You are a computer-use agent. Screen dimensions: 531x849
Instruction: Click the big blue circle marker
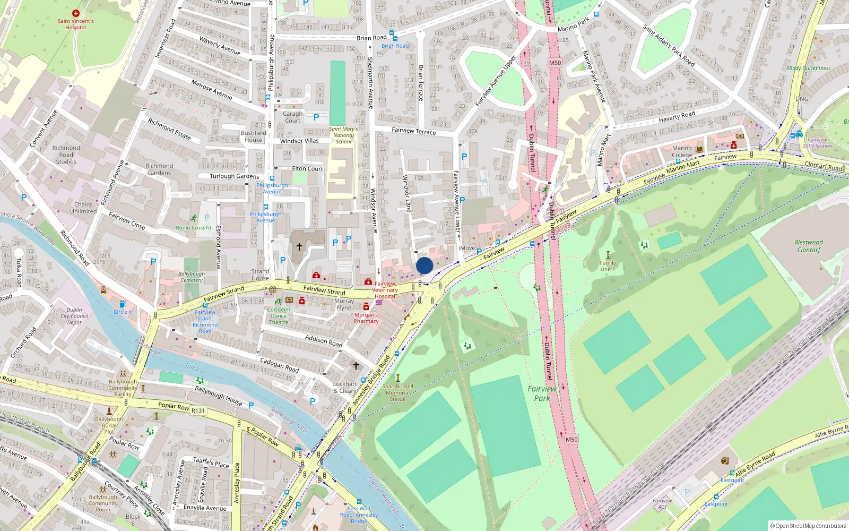pyautogui.click(x=424, y=265)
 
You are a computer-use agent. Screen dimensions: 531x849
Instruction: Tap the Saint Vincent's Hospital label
pyautogui.click(x=75, y=24)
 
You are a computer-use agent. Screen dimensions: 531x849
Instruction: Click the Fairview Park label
pyautogui.click(x=542, y=393)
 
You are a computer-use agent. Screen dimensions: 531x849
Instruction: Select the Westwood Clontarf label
pyautogui.click(x=808, y=246)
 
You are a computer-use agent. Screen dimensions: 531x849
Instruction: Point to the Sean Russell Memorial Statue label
pyautogui.click(x=397, y=393)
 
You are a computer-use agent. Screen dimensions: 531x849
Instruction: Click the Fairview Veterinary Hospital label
pyautogui.click(x=385, y=290)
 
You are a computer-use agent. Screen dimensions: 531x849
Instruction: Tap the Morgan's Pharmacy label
pyautogui.click(x=366, y=318)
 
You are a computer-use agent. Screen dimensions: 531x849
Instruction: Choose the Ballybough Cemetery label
pyautogui.click(x=191, y=277)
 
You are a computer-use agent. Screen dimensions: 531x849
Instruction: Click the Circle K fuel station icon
pyautogui.click(x=123, y=304)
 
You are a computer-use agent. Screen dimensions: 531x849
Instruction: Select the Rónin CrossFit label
pyautogui.click(x=194, y=228)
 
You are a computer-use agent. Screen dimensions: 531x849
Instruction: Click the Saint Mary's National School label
pyautogui.click(x=343, y=135)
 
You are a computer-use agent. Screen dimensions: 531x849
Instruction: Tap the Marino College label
pyautogui.click(x=682, y=151)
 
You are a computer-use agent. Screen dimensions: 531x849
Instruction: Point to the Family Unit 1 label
pyautogui.click(x=608, y=266)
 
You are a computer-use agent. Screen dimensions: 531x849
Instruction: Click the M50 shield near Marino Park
pyautogui.click(x=555, y=63)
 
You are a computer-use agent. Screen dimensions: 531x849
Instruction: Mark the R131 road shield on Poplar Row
pyautogui.click(x=198, y=410)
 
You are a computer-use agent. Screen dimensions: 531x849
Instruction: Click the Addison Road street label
pyautogui.click(x=324, y=341)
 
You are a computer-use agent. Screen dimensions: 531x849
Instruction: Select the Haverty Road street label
pyautogui.click(x=677, y=116)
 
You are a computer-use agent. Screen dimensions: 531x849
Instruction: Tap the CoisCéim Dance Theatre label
pyautogui.click(x=279, y=315)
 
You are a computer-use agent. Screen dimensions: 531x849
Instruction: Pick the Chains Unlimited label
pyautogui.click(x=83, y=208)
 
